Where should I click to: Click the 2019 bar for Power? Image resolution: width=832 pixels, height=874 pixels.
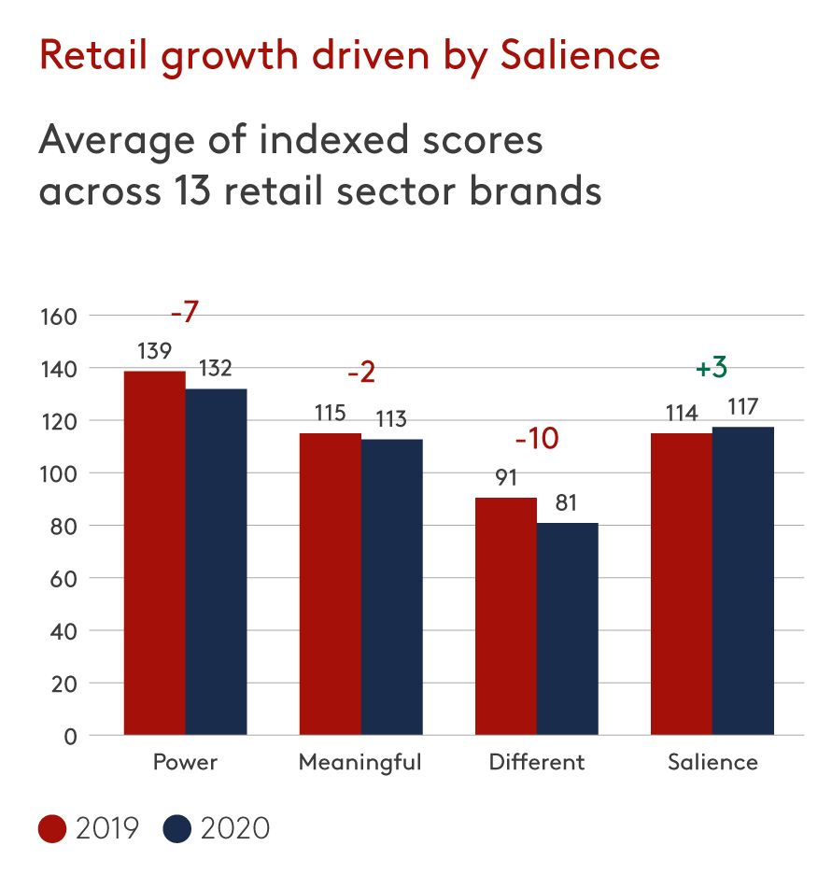tap(154, 553)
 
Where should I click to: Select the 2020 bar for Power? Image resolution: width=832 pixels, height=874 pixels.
tap(216, 561)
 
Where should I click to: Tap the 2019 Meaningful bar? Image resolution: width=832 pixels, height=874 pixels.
tap(330, 584)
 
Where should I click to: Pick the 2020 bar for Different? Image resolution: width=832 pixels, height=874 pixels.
tap(567, 628)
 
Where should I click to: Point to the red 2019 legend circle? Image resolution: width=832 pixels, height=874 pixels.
tap(52, 828)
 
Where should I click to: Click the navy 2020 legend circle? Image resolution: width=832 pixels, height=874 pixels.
tap(176, 828)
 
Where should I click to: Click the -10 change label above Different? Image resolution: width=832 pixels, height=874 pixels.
tap(536, 438)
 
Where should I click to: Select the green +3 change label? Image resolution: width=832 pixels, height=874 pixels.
tap(712, 369)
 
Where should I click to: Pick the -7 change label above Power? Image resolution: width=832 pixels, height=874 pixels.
tap(185, 313)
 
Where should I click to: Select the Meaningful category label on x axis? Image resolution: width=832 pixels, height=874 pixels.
tap(360, 763)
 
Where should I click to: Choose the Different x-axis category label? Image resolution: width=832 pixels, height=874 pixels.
tap(537, 763)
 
